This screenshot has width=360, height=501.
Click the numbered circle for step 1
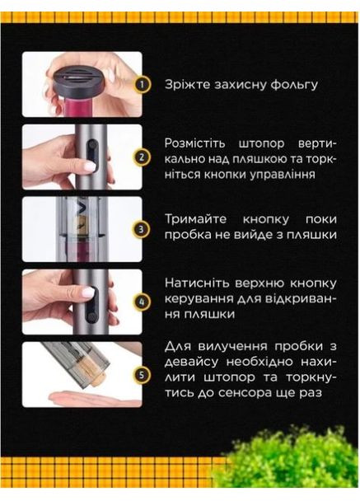click(x=143, y=84)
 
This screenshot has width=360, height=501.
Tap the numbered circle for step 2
click(x=143, y=157)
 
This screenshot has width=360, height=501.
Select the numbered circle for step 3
click(x=143, y=228)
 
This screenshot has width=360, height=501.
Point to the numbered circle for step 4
click(x=143, y=301)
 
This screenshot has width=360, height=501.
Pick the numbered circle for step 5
click(x=143, y=374)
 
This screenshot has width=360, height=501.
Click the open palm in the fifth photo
click(x=82, y=399)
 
